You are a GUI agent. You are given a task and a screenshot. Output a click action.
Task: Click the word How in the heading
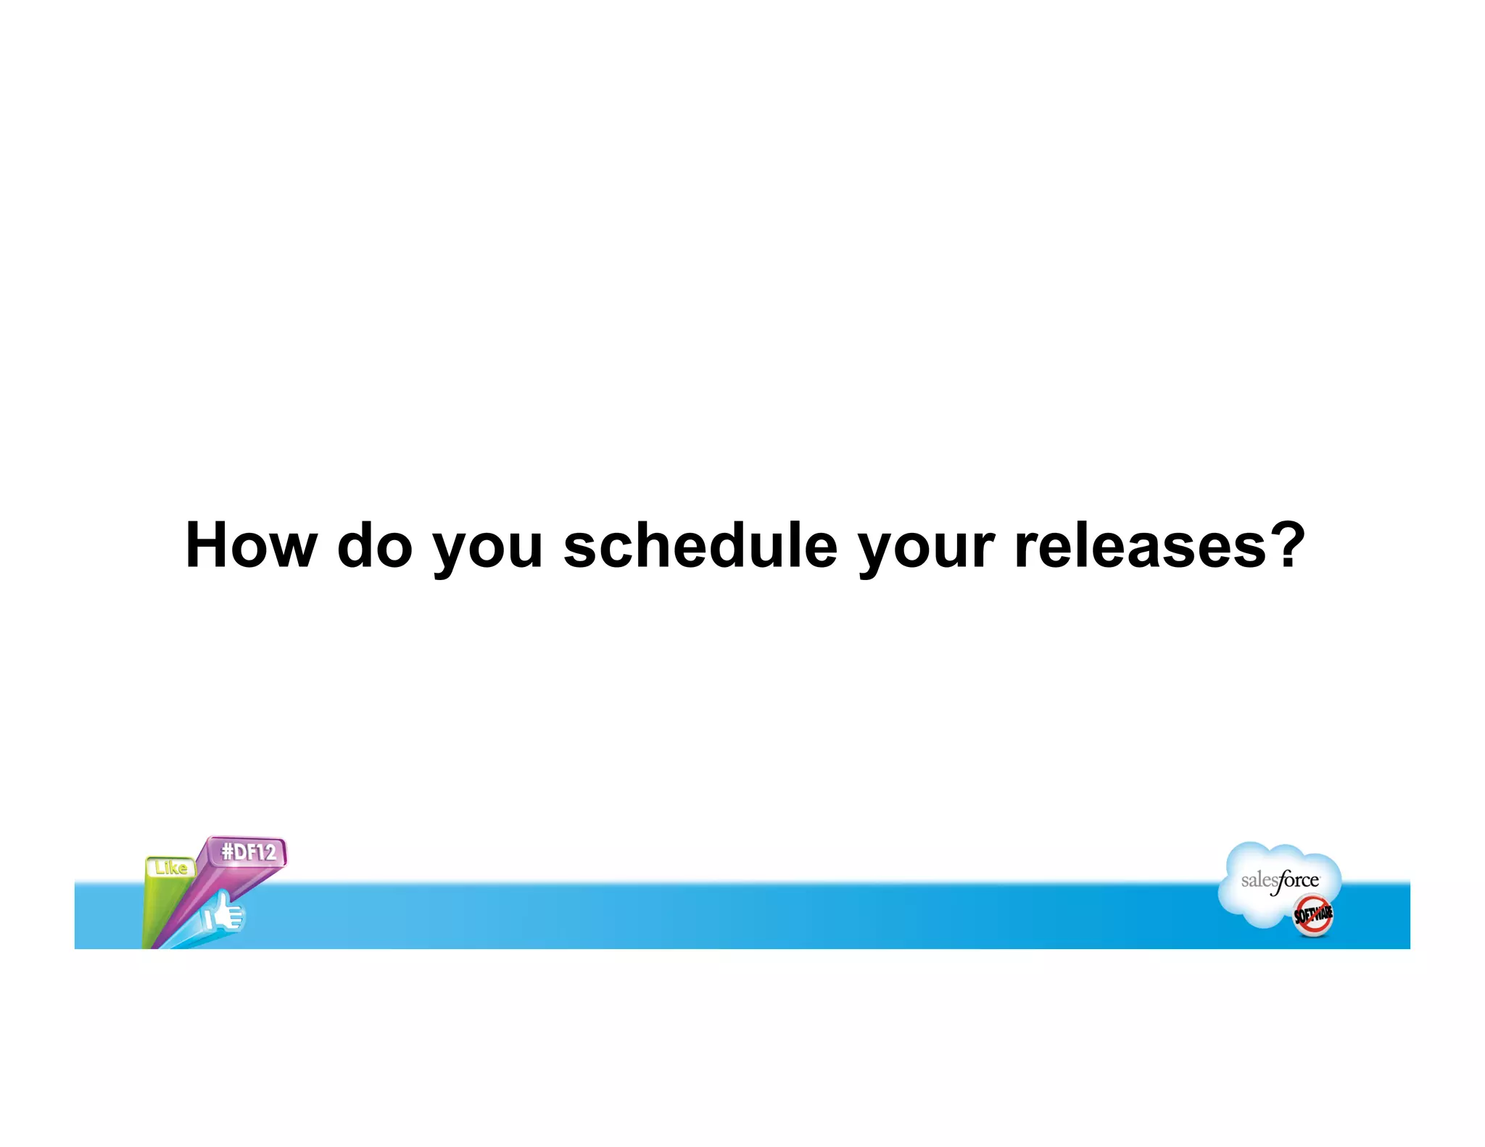point(251,545)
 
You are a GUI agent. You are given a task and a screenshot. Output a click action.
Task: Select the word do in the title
point(375,545)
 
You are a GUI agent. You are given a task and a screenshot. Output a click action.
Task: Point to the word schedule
point(700,545)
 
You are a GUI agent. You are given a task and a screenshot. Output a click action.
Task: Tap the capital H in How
point(207,545)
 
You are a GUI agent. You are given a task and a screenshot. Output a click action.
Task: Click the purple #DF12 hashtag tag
point(249,852)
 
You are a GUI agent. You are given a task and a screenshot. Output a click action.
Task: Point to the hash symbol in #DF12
point(227,852)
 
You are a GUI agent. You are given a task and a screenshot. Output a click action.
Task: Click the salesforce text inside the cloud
point(1280,881)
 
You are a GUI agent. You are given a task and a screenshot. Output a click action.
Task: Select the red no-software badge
point(1313,916)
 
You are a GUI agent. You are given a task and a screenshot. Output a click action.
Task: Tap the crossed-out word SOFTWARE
point(1313,916)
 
